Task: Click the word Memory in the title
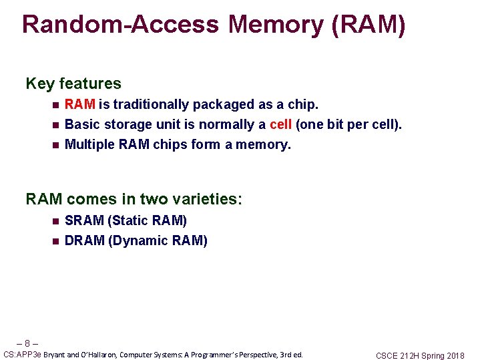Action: tap(277, 24)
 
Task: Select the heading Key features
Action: tap(73, 83)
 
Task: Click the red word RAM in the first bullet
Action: tap(80, 104)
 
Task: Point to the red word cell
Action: tap(281, 124)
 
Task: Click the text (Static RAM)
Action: tap(147, 220)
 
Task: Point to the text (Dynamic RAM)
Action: tap(158, 240)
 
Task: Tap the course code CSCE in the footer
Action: tap(387, 356)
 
